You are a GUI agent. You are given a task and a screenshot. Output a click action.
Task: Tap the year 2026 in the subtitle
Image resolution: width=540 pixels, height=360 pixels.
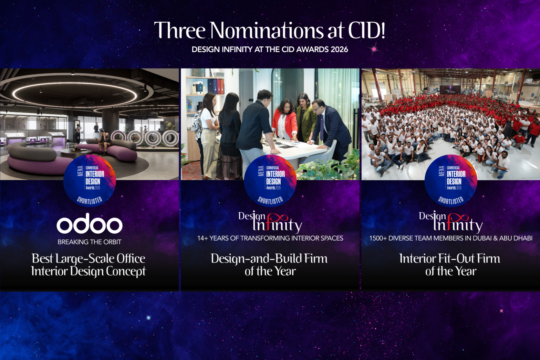pos(339,50)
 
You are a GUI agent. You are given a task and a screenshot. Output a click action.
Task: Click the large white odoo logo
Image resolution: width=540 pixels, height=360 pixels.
pos(90,224)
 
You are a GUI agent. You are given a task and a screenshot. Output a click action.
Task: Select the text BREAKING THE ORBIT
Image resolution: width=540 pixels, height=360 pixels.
pos(90,242)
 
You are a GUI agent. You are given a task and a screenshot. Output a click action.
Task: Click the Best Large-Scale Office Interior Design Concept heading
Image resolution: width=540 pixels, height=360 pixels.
pos(89,265)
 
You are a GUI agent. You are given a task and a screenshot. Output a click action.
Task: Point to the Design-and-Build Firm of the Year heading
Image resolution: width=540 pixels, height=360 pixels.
pos(270,265)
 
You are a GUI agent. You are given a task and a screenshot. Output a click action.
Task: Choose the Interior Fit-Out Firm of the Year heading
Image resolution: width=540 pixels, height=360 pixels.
pos(450,265)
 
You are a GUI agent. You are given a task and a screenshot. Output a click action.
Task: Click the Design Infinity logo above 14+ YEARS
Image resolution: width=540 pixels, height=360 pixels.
pos(270,221)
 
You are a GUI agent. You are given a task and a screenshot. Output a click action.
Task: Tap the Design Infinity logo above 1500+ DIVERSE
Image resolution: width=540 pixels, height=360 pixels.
pos(450,221)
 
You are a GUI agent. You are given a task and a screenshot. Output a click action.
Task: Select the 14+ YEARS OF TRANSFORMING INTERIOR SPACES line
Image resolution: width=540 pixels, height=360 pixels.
pos(270,238)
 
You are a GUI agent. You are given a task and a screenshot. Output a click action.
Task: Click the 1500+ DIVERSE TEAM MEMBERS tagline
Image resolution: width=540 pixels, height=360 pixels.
pos(451,238)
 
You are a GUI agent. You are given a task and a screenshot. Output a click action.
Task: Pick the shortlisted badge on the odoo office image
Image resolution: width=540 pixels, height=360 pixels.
pos(90,181)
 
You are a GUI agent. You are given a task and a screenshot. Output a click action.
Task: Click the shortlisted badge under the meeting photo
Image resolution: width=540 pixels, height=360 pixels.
pos(270,181)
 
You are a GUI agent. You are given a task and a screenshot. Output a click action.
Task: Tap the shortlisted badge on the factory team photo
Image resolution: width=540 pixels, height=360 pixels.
pos(450,181)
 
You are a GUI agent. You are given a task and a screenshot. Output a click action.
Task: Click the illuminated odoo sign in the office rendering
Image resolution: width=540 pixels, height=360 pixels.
pos(145,137)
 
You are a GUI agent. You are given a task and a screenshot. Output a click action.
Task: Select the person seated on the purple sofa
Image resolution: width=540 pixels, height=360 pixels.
pos(105,142)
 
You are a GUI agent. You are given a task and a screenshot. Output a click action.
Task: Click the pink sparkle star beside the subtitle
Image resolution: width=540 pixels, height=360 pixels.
pos(374,50)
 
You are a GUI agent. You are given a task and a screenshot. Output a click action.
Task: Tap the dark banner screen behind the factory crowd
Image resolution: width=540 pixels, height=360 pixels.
pos(450,90)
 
